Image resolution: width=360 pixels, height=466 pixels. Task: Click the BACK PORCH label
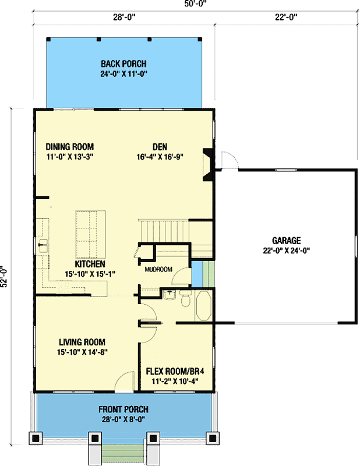point(123,63)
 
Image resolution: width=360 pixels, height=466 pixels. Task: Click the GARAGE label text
point(286,240)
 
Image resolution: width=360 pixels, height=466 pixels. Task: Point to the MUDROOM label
point(158,270)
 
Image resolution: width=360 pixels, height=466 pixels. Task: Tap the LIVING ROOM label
point(82,342)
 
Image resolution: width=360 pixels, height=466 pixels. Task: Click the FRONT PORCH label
point(123,409)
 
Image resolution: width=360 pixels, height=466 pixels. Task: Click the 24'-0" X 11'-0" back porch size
point(123,73)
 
